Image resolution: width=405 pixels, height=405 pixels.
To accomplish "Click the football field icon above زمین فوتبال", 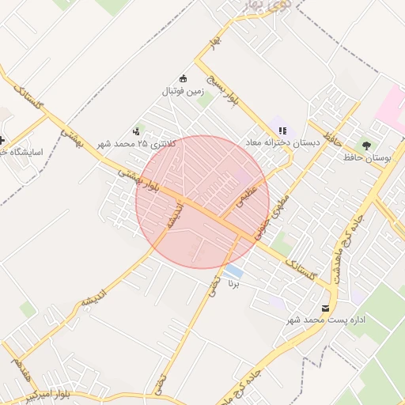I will click(x=184, y=78).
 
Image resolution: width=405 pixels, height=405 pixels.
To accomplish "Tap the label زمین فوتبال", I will click(x=183, y=92).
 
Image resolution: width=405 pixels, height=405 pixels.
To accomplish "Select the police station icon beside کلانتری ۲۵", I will click(x=137, y=131).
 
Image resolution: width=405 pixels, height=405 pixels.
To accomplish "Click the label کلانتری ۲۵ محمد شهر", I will click(x=132, y=144).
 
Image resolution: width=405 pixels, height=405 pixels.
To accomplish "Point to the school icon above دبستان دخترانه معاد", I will click(x=282, y=131).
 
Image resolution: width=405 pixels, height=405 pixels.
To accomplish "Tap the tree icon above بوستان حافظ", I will click(x=366, y=145).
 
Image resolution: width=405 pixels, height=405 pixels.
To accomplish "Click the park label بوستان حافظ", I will click(x=368, y=158).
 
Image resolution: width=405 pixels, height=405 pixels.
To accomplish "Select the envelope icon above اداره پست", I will click(x=325, y=308).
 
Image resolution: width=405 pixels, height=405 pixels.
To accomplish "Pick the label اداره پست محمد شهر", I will click(x=327, y=320).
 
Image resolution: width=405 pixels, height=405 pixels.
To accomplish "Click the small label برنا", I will click(x=233, y=282).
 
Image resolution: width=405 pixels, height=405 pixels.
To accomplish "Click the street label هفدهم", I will click(x=17, y=365).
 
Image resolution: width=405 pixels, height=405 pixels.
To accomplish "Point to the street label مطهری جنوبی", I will click(x=273, y=214).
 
